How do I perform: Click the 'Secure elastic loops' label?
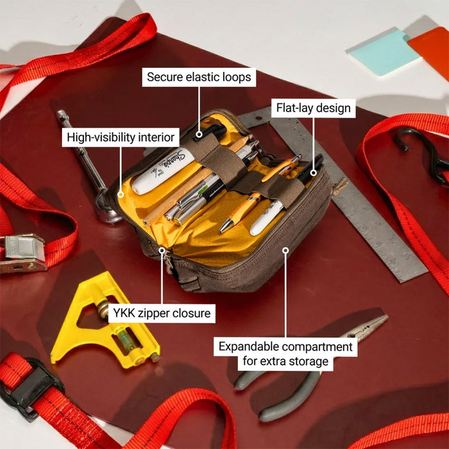coord(199,78)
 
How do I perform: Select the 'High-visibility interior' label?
coord(120,137)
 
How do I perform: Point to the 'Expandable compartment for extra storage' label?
coord(285,354)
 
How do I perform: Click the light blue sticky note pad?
coord(382,51)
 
